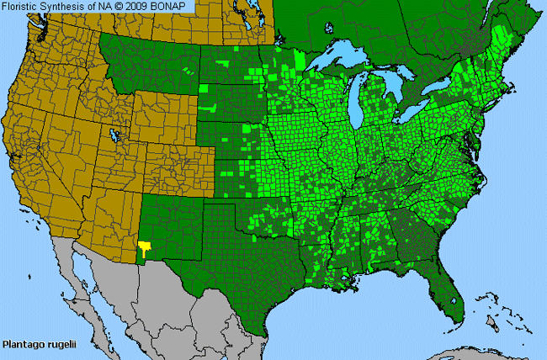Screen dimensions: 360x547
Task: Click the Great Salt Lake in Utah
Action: (115, 133)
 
